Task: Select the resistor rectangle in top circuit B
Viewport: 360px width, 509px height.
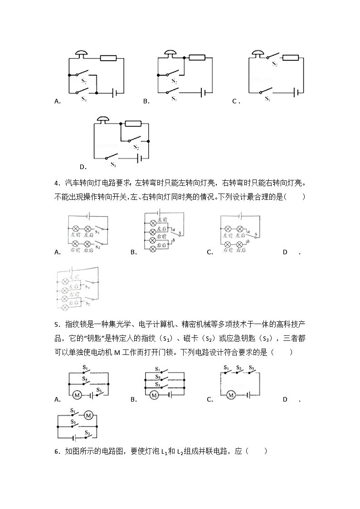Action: pos(108,58)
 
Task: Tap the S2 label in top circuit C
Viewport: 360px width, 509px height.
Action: pos(275,64)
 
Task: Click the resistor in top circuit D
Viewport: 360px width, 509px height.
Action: pos(133,123)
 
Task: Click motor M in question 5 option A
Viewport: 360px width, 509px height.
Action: pos(77,395)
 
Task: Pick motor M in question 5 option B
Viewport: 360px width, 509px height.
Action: pos(154,395)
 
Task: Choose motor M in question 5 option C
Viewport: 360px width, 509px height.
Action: pos(231,395)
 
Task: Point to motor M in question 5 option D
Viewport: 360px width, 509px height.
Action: pos(88,415)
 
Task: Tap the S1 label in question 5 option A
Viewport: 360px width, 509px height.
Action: pos(85,368)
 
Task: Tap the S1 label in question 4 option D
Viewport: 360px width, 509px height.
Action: pos(87,287)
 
